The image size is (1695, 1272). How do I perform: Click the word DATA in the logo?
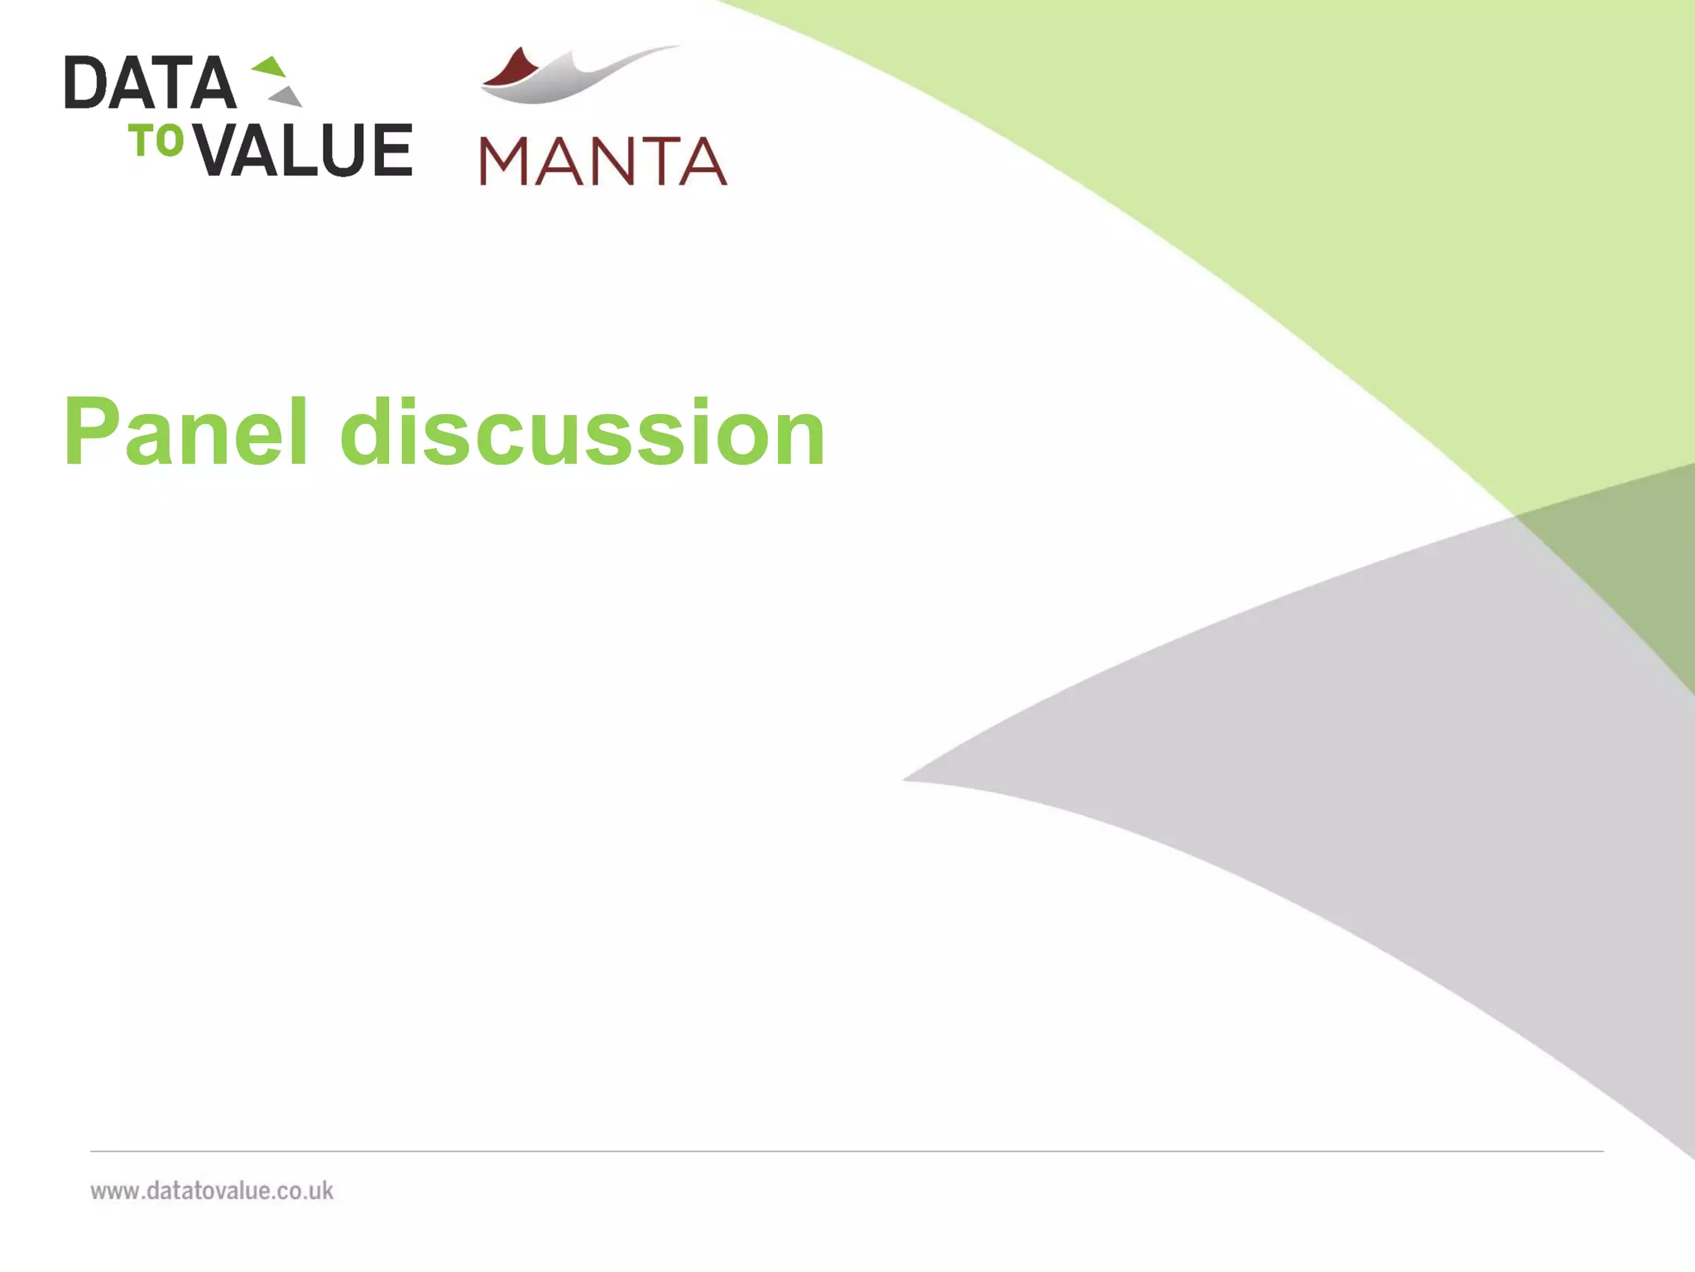151,83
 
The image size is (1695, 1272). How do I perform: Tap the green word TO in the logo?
156,141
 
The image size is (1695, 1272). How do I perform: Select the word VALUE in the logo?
305,150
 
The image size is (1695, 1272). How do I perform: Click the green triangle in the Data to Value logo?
271,67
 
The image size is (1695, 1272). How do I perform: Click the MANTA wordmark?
603,161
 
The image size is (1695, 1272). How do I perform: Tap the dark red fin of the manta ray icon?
511,69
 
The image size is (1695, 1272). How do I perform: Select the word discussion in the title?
583,432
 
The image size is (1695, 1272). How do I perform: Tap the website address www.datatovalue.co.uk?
212,1191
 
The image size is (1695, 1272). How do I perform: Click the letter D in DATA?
85,83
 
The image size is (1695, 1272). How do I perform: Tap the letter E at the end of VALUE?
392,150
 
